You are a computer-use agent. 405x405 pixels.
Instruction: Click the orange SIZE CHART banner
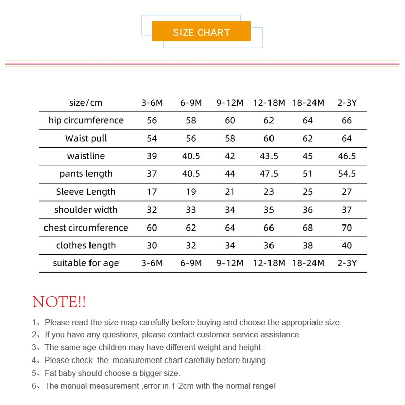click(x=201, y=32)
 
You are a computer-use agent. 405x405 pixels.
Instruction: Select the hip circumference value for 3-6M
click(x=152, y=120)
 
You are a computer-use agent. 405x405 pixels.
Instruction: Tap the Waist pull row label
click(x=86, y=138)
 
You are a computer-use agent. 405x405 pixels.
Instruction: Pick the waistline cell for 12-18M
click(x=269, y=156)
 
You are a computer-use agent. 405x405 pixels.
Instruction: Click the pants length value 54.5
click(x=347, y=174)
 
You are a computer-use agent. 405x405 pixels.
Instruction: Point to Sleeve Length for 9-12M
click(x=230, y=192)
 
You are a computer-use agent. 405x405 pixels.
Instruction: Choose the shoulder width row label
click(x=86, y=210)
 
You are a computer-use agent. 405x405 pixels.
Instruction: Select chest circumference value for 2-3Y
click(x=347, y=228)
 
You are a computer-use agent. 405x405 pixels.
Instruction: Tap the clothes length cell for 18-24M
click(x=308, y=245)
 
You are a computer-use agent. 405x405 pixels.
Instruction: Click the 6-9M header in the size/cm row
click(x=191, y=103)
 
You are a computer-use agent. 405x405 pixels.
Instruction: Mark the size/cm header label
click(x=86, y=103)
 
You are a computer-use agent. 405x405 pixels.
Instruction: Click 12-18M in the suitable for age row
click(x=269, y=263)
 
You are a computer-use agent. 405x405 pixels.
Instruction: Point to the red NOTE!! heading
click(x=59, y=302)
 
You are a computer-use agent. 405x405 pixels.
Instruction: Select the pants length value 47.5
click(x=269, y=174)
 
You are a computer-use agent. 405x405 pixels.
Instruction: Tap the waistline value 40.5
click(x=191, y=156)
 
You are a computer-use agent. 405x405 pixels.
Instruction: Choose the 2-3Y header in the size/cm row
click(x=347, y=103)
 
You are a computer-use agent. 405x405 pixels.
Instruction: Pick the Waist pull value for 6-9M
click(x=191, y=138)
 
